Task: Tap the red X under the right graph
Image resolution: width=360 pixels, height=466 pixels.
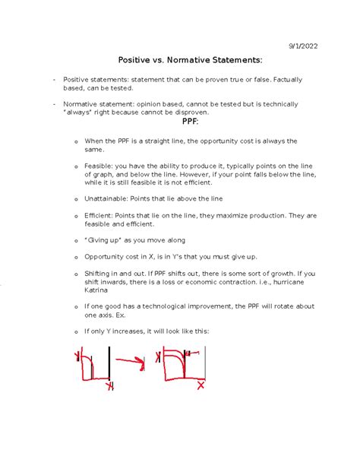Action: [201, 385]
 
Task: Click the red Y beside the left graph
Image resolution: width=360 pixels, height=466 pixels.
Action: [77, 355]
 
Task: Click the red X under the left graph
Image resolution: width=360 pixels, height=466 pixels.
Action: [110, 387]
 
